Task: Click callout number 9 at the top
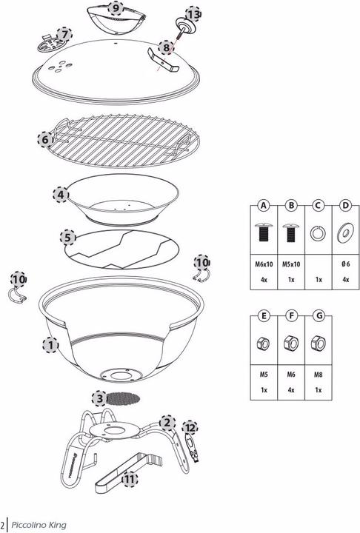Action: click(116, 8)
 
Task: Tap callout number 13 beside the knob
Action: click(193, 15)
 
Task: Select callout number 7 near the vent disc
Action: click(64, 34)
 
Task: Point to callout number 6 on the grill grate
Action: click(45, 138)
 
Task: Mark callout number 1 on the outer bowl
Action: click(50, 345)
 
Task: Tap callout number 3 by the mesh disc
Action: click(99, 398)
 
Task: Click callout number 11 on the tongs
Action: click(130, 480)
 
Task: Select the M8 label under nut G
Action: click(318, 374)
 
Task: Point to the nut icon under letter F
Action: click(290, 343)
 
